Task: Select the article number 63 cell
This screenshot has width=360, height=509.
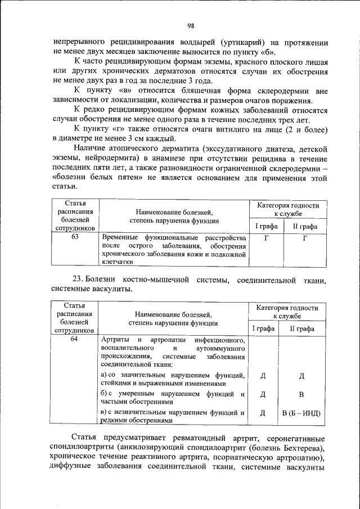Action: coord(75,237)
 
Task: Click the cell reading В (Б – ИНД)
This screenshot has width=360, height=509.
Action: coord(301,413)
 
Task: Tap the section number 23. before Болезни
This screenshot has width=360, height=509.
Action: coord(80,280)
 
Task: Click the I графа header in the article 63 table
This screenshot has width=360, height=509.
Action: coord(264,226)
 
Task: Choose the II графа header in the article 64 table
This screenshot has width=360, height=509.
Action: coord(301,328)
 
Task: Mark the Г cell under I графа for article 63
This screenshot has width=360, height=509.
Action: coord(264,238)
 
